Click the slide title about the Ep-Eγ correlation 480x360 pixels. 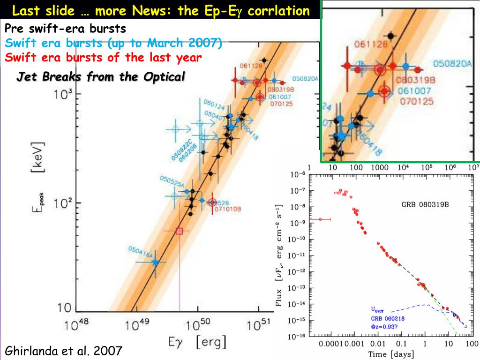(160, 10)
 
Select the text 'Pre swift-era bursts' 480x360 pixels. (66, 29)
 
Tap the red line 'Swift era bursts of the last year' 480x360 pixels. (104, 57)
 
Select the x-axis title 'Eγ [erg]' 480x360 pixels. (197, 343)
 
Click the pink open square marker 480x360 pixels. (180, 231)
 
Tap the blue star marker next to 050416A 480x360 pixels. (156, 263)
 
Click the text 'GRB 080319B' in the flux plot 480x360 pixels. (426, 205)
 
